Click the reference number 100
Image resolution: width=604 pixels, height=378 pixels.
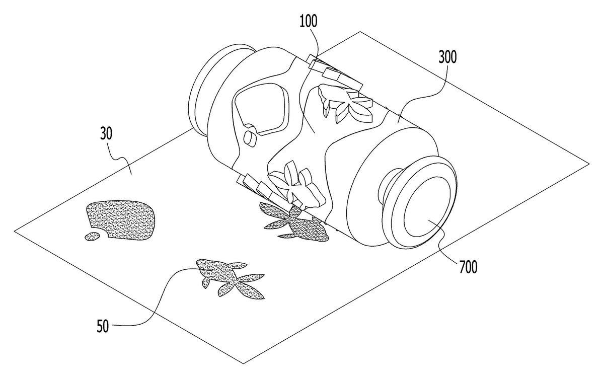point(309,21)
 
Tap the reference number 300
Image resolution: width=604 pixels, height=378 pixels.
point(447,57)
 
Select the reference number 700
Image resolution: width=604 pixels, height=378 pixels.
point(468,267)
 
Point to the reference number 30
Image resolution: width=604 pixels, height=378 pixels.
point(106,133)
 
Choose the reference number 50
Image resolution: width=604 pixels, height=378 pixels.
point(103,326)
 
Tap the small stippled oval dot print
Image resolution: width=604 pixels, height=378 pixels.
point(93,237)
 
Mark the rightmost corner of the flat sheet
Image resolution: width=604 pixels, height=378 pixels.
point(589,164)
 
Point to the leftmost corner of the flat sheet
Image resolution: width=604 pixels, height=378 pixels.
point(14,231)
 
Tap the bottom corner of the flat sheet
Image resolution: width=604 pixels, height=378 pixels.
point(244,363)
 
